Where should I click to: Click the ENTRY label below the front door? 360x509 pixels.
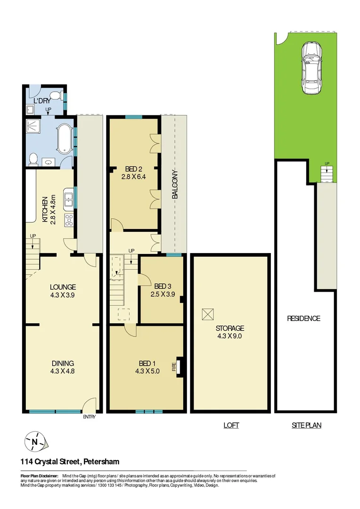[x=89, y=417]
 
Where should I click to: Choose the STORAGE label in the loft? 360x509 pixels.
[x=230, y=328]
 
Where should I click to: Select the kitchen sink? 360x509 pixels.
[x=68, y=199]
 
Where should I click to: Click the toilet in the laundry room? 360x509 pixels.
[x=55, y=96]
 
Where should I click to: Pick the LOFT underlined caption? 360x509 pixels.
[x=231, y=425]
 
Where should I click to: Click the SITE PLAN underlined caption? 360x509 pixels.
[x=306, y=425]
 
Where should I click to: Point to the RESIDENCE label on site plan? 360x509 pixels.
[x=303, y=319]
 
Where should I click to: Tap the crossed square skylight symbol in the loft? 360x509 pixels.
[x=208, y=313]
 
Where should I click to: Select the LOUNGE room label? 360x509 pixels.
[x=63, y=287]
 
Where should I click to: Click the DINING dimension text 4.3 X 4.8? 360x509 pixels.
[x=63, y=371]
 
